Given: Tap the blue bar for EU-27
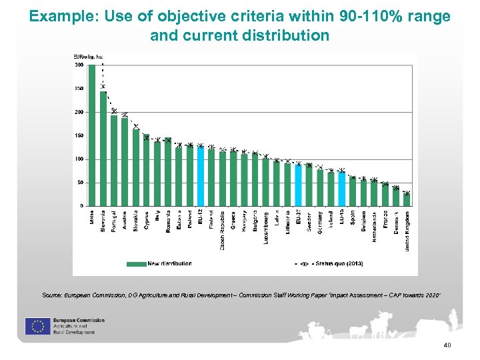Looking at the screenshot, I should tap(299, 185).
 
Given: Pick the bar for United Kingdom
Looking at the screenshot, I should tap(407, 199).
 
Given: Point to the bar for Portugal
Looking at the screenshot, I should tap(114, 160).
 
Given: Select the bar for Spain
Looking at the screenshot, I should tap(353, 191).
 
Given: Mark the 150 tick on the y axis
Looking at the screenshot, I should tap(79, 135).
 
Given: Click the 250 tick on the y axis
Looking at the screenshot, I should tap(79, 89).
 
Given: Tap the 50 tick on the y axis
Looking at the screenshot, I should tap(79, 182).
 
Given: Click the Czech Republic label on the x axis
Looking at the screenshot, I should tap(222, 231).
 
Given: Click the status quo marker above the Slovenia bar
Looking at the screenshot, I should tap(103, 86).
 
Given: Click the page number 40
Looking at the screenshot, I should tap(447, 345).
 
